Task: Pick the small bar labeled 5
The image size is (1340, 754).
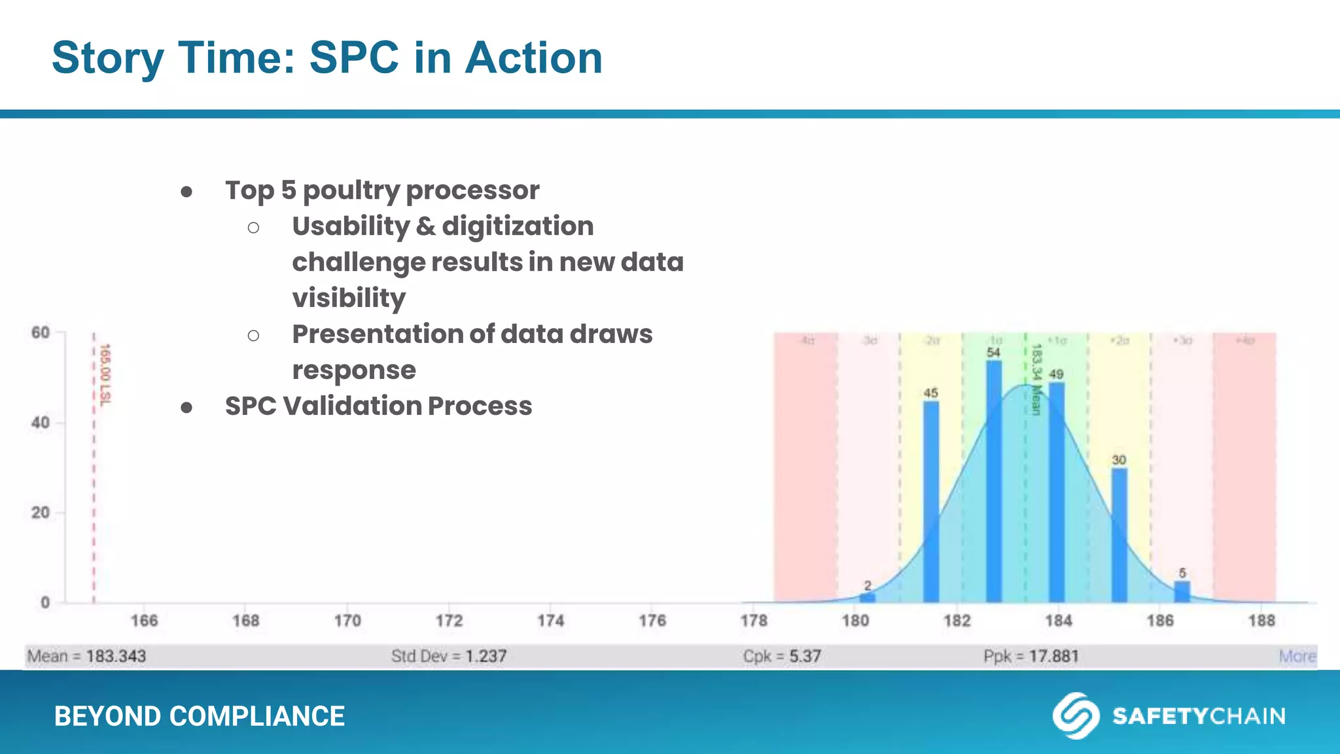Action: point(1182,591)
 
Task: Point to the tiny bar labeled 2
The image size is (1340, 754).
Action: point(867,597)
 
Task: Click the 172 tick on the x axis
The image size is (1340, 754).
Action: point(449,620)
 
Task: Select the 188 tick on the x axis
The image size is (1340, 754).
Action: point(1261,620)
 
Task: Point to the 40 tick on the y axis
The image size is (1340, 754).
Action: point(41,423)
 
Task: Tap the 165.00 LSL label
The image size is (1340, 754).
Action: point(105,374)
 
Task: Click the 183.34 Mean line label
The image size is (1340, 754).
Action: point(1036,380)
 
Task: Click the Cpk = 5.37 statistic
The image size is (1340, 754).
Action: point(781,656)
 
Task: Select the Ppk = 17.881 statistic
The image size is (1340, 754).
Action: point(1031,656)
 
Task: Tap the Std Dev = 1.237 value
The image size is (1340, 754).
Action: point(448,656)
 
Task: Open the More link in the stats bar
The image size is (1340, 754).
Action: point(1297,656)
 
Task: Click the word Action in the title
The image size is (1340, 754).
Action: point(533,58)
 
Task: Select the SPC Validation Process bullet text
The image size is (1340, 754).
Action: point(378,406)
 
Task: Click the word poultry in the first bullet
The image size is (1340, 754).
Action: point(351,190)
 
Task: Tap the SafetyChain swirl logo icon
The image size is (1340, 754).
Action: point(1075,715)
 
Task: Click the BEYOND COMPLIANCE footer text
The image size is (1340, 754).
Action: point(199,716)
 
